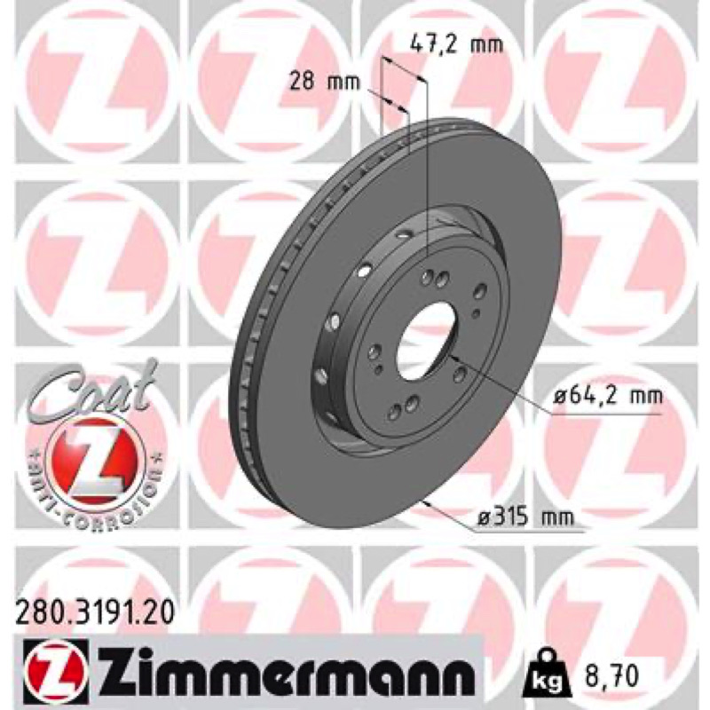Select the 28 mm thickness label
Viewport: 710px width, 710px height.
(x=325, y=83)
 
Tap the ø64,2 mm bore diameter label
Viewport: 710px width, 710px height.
(x=608, y=396)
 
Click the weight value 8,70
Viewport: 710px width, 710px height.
(x=608, y=675)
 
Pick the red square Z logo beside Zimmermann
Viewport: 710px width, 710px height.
(x=53, y=674)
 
